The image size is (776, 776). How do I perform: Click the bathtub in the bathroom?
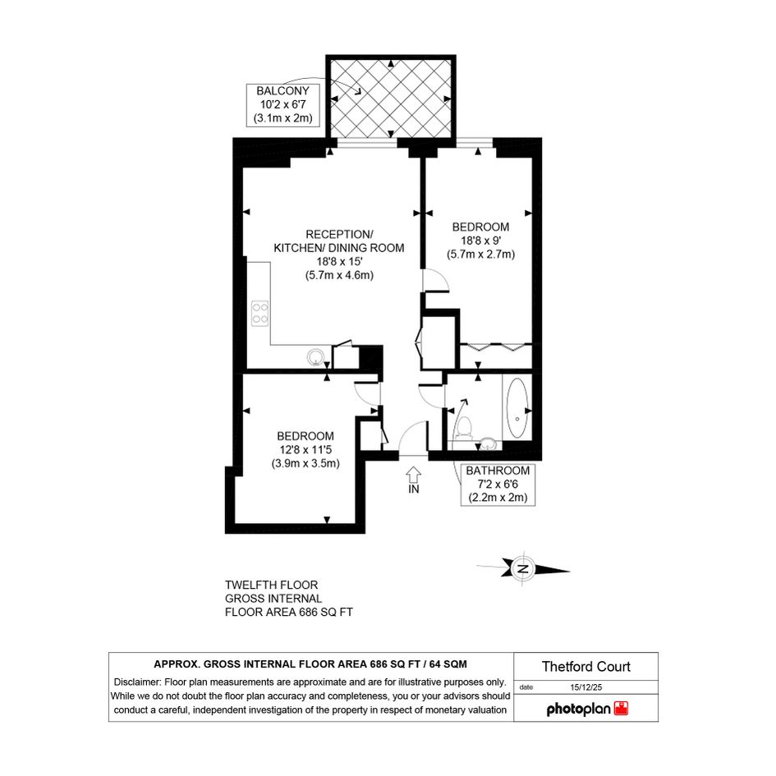click(517, 408)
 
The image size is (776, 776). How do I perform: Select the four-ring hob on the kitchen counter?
click(259, 313)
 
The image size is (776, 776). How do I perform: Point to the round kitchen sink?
click(315, 356)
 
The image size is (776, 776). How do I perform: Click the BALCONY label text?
click(282, 91)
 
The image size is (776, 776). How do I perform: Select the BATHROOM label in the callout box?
click(498, 471)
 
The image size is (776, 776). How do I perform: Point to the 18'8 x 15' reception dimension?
click(339, 261)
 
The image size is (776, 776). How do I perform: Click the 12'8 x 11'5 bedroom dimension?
click(305, 450)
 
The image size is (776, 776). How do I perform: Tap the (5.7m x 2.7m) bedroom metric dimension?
click(481, 255)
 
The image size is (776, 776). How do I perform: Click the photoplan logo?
click(587, 709)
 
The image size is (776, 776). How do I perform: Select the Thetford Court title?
click(586, 667)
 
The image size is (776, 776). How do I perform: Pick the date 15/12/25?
click(586, 687)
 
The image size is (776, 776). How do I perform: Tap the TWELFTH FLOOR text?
click(271, 585)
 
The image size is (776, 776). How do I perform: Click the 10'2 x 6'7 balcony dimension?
click(282, 105)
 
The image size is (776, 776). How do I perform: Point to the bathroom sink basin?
click(489, 443)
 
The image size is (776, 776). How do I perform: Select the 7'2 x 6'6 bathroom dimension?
click(498, 484)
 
